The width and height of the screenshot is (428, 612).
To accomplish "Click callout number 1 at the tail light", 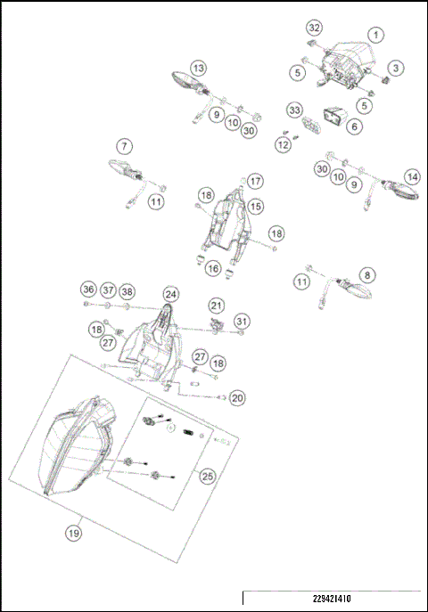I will click(x=375, y=35).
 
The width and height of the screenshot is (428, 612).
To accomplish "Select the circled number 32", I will click(x=314, y=28).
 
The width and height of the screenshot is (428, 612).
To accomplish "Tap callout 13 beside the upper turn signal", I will click(x=198, y=68).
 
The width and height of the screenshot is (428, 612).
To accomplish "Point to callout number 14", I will click(x=411, y=176).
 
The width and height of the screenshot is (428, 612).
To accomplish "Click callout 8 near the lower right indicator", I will click(x=366, y=275).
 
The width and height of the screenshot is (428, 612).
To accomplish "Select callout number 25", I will click(x=207, y=477).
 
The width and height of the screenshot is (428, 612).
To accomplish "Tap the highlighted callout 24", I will click(x=169, y=295).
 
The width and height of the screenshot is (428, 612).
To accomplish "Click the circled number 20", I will click(x=236, y=396).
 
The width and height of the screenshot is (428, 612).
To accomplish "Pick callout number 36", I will click(x=87, y=290).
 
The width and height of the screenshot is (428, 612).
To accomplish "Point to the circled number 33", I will click(x=294, y=110).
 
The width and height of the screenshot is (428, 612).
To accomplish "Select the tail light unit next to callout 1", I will click(x=344, y=64).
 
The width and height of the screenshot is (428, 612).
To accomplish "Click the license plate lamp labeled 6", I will click(x=334, y=116).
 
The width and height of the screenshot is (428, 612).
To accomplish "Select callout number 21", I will click(x=216, y=306).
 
